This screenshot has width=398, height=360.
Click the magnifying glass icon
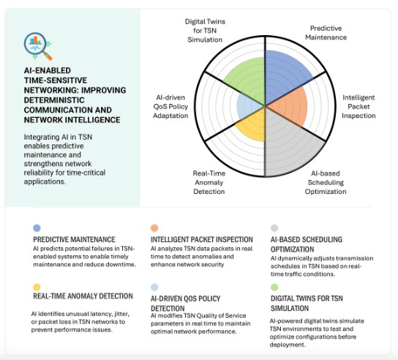pyautogui.click(x=38, y=46)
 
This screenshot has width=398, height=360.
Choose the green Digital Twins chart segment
pyautogui.click(x=247, y=80)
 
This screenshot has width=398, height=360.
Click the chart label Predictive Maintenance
pyautogui.click(x=326, y=33)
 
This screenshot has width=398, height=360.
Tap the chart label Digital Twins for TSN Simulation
pyautogui.click(x=205, y=31)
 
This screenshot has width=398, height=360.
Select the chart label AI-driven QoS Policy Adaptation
pyautogui.click(x=170, y=106)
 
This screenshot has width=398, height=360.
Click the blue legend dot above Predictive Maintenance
pyautogui.click(x=37, y=228)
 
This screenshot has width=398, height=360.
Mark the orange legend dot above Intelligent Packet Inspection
pyautogui.click(x=154, y=228)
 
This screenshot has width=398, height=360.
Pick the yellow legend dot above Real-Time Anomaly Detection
pyautogui.click(x=37, y=287)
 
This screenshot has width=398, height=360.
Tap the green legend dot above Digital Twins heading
pyautogui.click(x=274, y=287)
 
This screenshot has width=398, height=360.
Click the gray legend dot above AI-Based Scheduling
pyautogui.click(x=274, y=228)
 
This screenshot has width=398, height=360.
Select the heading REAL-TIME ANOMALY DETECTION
pyautogui.click(x=83, y=296)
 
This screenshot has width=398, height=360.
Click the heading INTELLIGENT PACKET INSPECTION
pyautogui.click(x=202, y=239)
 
